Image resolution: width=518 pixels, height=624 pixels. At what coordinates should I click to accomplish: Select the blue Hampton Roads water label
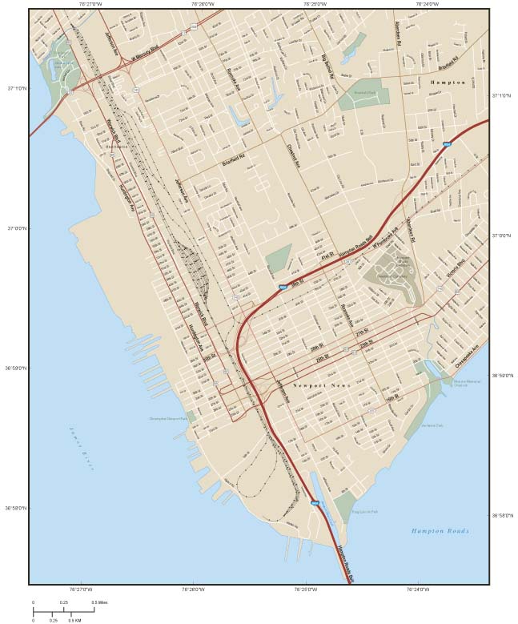click(x=440, y=531)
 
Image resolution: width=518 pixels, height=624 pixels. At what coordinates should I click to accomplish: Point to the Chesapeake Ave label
click(x=469, y=355)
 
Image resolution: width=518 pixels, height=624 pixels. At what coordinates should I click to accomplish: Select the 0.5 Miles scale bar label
click(x=99, y=602)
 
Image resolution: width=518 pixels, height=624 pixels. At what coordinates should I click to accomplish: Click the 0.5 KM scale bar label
click(x=74, y=620)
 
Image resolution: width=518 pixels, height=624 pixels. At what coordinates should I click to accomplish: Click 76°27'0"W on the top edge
click(x=90, y=4)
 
